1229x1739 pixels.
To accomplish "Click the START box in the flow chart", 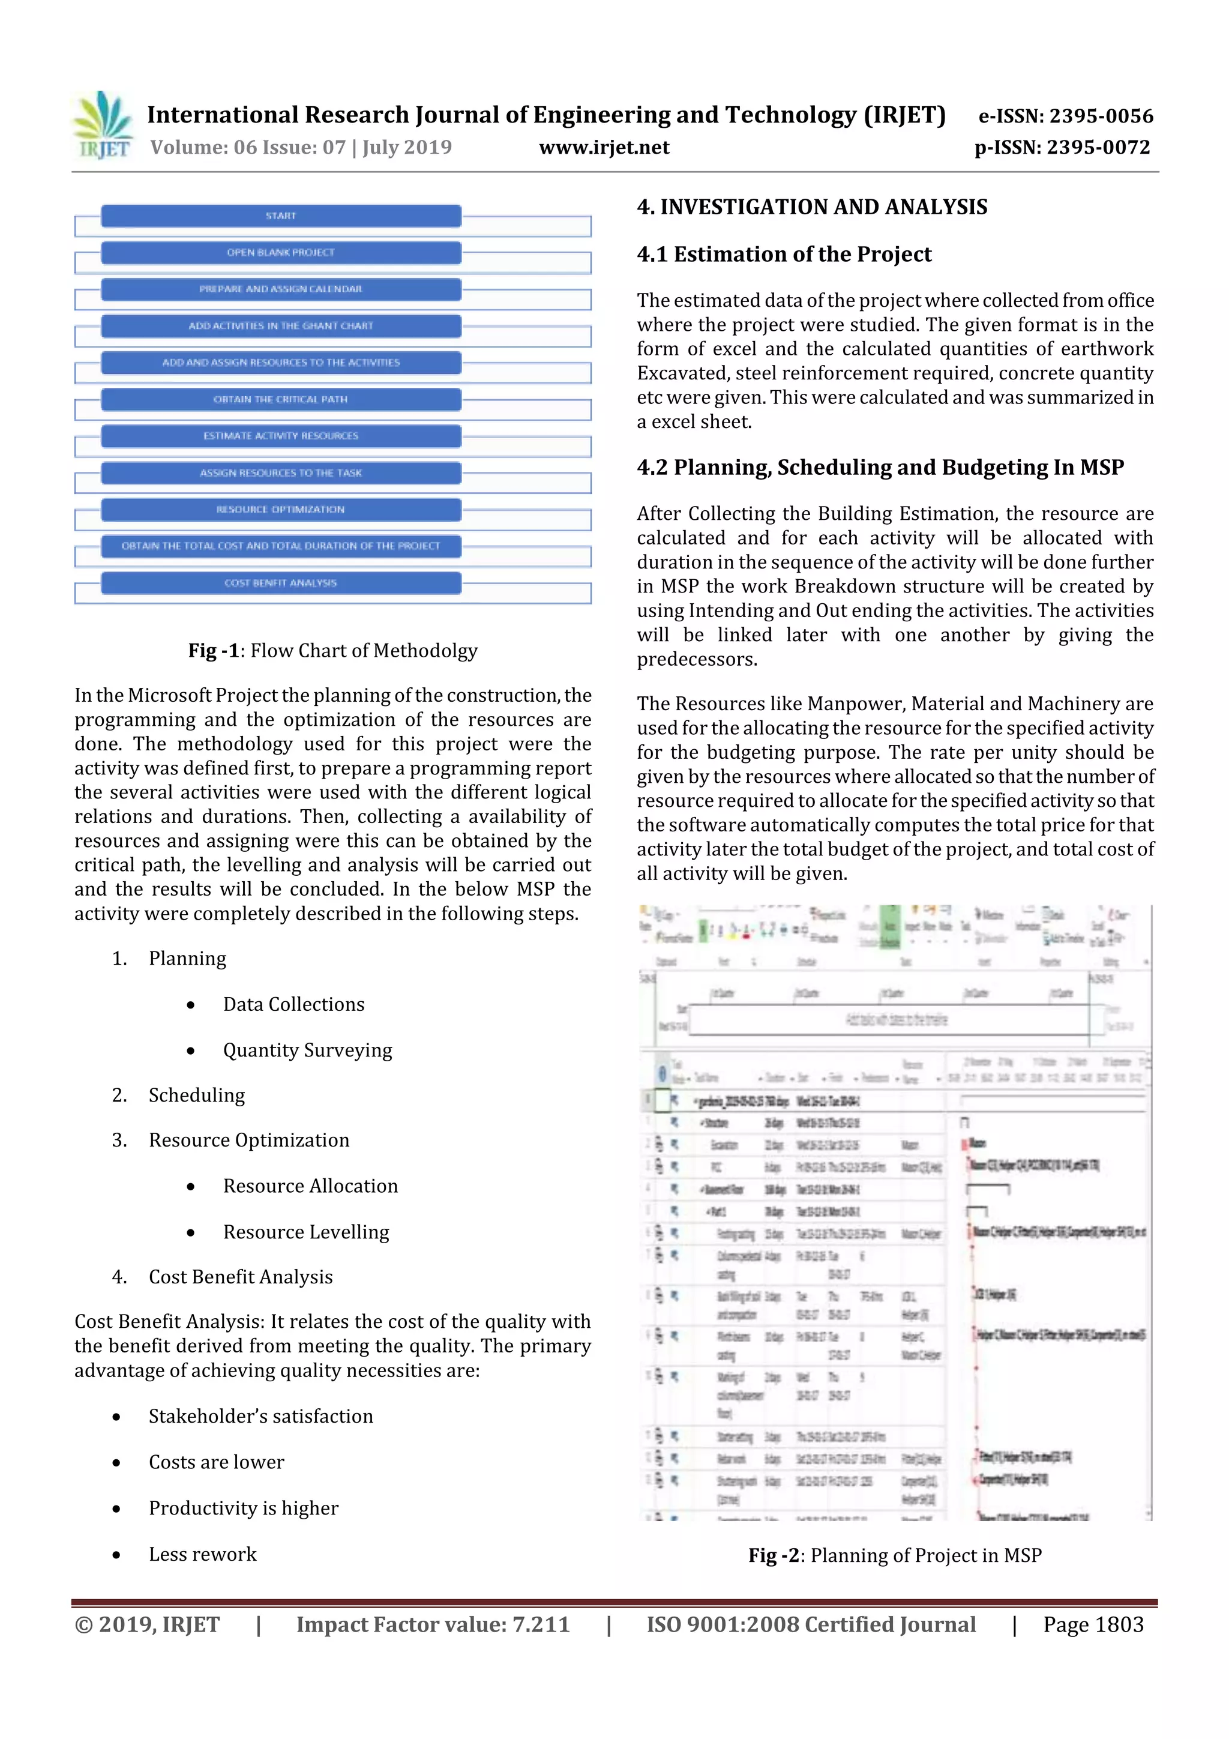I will (281, 216).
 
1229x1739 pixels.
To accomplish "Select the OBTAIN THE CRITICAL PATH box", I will (281, 399).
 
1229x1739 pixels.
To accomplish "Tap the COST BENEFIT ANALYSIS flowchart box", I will (281, 582).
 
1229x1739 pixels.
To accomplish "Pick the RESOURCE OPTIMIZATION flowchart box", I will (281, 509).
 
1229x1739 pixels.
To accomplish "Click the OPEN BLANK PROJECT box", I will (281, 252).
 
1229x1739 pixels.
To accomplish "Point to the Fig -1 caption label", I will (214, 651).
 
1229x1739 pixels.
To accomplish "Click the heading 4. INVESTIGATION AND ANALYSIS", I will (812, 206).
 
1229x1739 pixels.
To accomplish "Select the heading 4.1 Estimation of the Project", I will (784, 255).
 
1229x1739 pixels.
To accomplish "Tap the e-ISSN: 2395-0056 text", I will (1065, 116).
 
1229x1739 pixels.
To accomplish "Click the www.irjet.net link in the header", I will (604, 147).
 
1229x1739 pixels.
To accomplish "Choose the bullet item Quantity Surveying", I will (307, 1050).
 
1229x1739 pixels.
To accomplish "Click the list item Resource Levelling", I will (306, 1232).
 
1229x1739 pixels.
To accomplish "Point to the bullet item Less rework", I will (202, 1554).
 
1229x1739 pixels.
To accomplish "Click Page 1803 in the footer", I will (1093, 1624).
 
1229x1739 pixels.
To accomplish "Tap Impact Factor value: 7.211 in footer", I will (433, 1624).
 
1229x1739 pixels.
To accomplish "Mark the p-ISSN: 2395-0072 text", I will (1062, 147).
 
